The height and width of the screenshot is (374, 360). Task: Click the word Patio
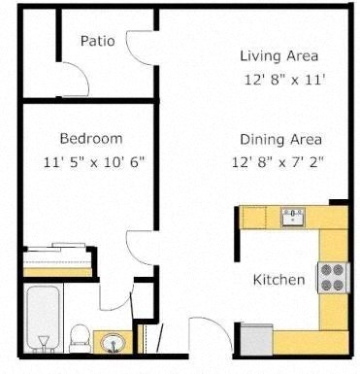click(98, 41)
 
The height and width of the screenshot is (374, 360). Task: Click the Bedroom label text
click(91, 138)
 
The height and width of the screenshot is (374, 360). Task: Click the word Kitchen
click(279, 281)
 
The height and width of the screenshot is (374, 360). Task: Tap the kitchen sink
click(291, 217)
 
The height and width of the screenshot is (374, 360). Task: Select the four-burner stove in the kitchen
click(332, 279)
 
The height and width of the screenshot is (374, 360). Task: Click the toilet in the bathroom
click(80, 337)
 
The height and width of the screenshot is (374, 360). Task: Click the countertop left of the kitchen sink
click(259, 217)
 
